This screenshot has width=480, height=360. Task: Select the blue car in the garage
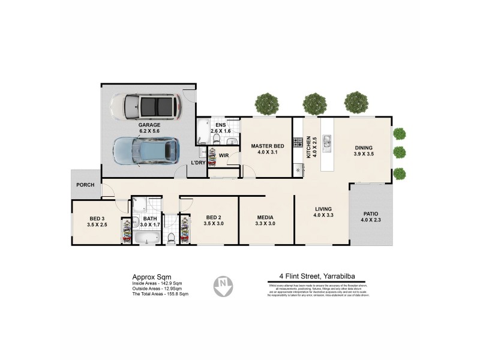146,150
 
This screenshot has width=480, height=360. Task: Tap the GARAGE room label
133,125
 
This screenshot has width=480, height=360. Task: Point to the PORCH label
85,185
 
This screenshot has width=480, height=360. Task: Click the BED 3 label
97,218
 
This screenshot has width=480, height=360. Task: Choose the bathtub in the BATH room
147,238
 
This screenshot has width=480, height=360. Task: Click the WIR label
223,155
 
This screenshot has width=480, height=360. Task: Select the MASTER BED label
267,146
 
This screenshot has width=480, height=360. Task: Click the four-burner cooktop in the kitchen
297,142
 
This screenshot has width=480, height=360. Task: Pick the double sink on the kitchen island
327,142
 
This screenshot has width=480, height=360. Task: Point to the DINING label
363,148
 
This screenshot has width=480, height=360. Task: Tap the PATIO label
371,214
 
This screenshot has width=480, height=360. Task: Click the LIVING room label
324,209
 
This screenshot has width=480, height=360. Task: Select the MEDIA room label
265,217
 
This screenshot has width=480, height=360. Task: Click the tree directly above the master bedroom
266,103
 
